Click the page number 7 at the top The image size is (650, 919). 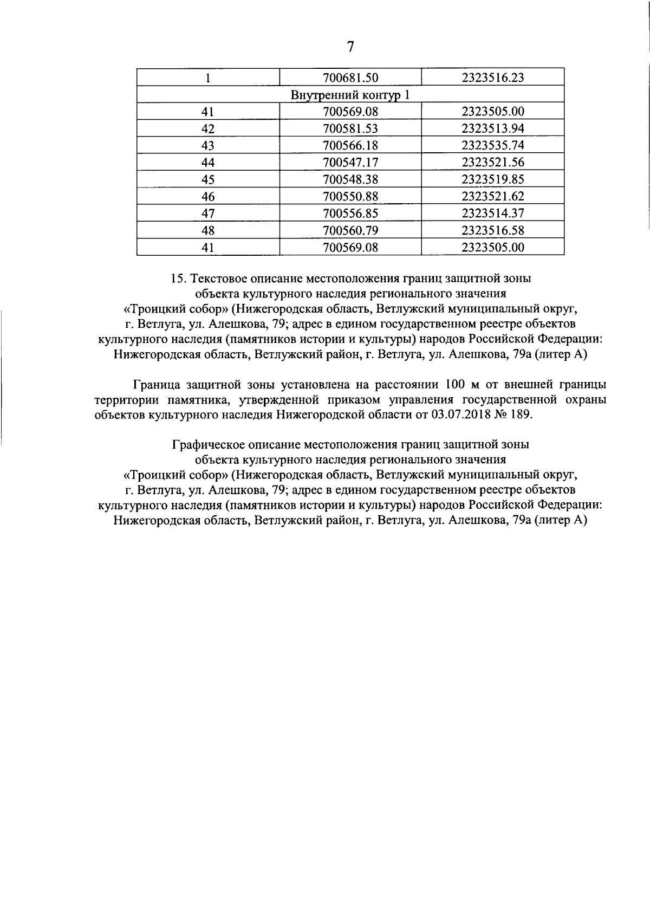pos(350,47)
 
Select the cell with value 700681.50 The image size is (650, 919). pos(350,77)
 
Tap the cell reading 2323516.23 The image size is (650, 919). pos(493,77)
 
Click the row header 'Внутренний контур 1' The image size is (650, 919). pos(350,95)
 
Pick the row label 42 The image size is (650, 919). pos(208,129)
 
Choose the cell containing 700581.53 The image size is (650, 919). pos(350,129)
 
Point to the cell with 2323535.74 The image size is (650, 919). pos(493,146)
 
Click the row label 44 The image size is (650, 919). pos(208,163)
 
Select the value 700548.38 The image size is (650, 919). pos(350,179)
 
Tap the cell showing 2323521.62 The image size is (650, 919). pos(493,196)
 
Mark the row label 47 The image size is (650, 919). pos(208,213)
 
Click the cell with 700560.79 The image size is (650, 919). pos(350,230)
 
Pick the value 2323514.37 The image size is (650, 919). pos(493,213)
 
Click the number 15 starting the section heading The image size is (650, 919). pos(178,279)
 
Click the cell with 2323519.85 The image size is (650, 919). pos(493,179)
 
